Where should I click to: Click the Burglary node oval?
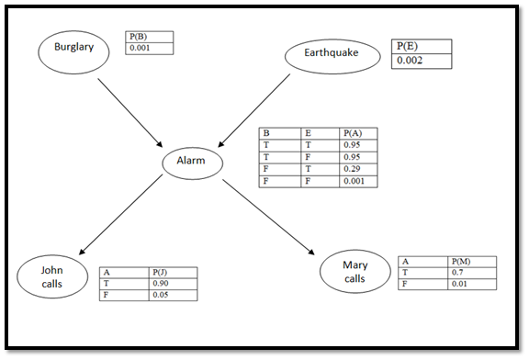[x=73, y=51]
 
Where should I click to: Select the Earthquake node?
[x=332, y=57]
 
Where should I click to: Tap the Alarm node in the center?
[x=192, y=163]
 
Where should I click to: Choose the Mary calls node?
[x=355, y=272]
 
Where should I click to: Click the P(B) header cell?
[x=148, y=38]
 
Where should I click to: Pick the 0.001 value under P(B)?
[x=148, y=49]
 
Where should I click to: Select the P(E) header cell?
[x=421, y=46]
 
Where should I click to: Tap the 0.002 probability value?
[x=421, y=61]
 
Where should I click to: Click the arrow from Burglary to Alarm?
[x=129, y=111]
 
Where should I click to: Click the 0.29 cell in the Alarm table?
[x=357, y=169]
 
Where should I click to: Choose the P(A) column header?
[x=357, y=133]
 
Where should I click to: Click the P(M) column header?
[x=472, y=262]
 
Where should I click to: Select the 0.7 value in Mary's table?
[x=472, y=273]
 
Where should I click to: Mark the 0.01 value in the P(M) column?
[x=472, y=284]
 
